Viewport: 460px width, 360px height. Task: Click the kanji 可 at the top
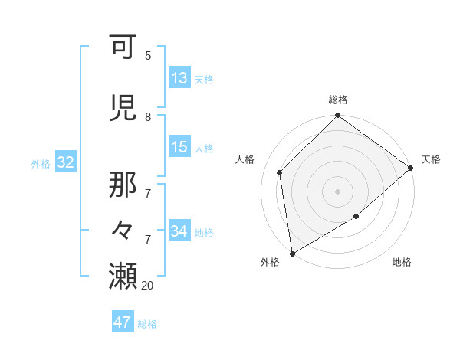click(123, 47)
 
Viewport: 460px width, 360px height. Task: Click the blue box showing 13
click(179, 78)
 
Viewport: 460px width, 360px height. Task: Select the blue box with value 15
click(179, 147)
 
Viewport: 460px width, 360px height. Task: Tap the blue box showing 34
click(179, 231)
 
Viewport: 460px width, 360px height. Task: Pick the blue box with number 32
click(65, 162)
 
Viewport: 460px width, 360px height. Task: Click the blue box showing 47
click(123, 322)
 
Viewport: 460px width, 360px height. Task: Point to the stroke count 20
click(148, 285)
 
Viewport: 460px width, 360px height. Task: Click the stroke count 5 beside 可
click(148, 55)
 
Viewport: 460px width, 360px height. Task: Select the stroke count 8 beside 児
click(148, 117)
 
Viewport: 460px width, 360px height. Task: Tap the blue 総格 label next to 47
click(147, 324)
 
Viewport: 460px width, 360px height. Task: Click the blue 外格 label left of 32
click(40, 163)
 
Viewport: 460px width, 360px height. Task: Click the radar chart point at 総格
click(337, 116)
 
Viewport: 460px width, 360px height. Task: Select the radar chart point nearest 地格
click(356, 218)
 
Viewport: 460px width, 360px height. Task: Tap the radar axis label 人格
click(245, 159)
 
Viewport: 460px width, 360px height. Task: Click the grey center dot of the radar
click(337, 191)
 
